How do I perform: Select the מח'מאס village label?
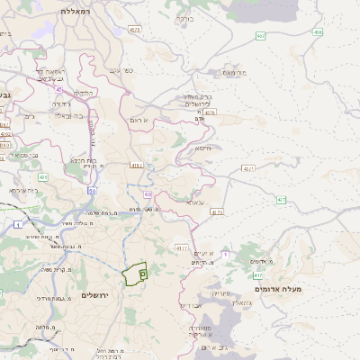tap(235, 72)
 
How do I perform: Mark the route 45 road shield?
tap(58, 89)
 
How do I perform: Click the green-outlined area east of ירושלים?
tap(135, 274)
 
